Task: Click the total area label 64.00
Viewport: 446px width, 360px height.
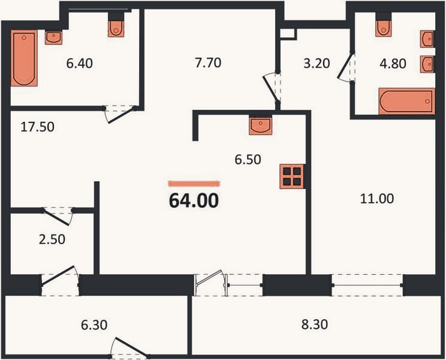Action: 194,200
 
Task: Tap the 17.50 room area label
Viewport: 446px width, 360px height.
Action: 37,127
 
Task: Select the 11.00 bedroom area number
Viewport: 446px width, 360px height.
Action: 377,199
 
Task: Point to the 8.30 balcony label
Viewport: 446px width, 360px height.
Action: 315,325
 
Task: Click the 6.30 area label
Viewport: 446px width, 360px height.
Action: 94,325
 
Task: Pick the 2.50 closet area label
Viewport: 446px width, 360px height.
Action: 52,239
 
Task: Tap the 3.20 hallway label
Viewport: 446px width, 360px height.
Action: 317,64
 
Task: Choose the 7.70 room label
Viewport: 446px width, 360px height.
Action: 208,63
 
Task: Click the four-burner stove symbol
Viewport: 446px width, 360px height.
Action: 292,176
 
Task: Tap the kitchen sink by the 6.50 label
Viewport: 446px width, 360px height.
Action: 260,125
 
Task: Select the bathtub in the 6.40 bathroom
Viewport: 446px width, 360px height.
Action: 24,58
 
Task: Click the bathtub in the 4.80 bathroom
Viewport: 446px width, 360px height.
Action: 407,101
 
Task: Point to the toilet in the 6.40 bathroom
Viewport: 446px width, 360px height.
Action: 116,26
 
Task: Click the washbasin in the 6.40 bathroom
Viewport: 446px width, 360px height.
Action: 53,38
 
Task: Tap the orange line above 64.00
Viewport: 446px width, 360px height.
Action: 194,184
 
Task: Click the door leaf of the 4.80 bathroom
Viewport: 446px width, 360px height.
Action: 345,66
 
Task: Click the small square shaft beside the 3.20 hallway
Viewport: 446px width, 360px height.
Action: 288,34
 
